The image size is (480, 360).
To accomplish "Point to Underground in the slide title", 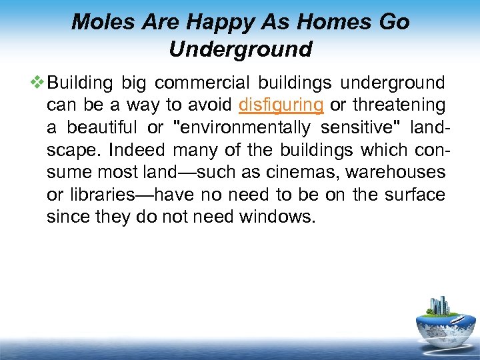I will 240,49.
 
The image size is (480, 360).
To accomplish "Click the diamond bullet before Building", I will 37,83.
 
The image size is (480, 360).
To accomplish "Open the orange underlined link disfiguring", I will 281,105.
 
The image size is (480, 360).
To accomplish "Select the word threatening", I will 399,105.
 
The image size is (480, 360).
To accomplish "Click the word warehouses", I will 406,172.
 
